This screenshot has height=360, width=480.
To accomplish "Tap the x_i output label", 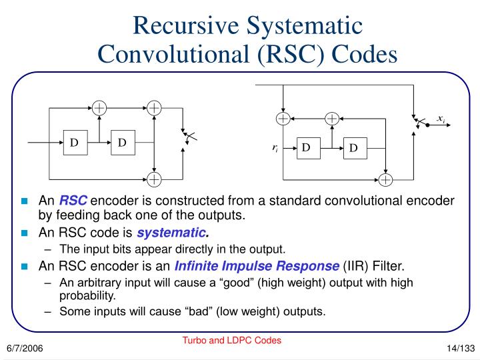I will pos(441,119).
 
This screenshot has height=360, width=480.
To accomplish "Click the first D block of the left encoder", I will pos(75,143).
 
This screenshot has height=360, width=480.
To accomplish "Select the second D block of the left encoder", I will pos(123,143).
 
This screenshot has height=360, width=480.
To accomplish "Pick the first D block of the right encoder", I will pos(305,147).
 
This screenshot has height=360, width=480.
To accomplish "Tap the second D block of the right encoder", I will pos(353,147).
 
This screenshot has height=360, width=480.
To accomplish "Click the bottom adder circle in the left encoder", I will pos(154,179).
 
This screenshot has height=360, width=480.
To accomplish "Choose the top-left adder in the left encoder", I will pos(99,107).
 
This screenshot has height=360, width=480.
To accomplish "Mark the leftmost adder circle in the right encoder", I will pos(284,119).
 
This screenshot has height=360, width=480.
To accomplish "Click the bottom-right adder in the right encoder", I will pos(385,179).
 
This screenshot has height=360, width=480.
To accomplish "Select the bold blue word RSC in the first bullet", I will pos(73,201).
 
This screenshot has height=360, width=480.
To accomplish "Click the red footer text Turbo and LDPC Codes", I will pos(232,340).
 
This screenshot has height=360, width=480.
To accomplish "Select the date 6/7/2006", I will pos(25,349).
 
